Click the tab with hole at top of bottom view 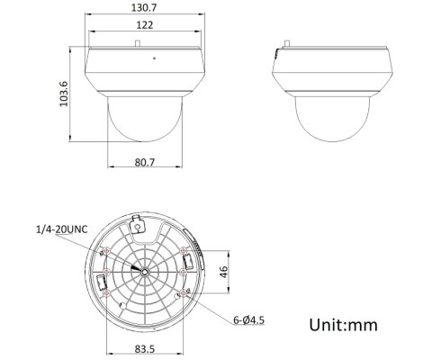[x=137, y=225]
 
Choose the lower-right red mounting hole [x=183, y=292]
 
